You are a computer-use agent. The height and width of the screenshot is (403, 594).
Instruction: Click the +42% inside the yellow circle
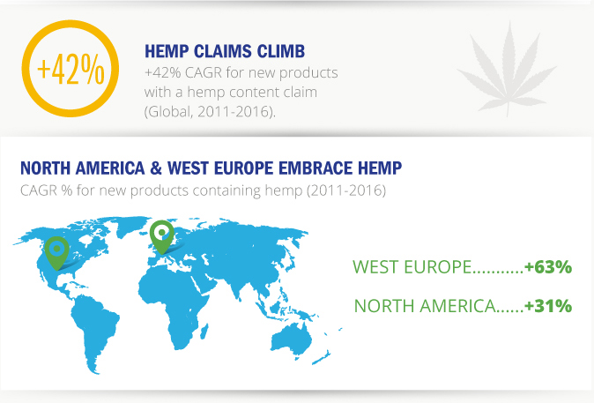71,69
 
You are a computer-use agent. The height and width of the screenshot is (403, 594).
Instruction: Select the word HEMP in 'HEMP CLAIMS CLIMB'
167,51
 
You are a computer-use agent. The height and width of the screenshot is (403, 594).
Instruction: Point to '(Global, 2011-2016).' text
210,112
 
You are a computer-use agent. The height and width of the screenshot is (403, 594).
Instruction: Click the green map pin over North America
56,253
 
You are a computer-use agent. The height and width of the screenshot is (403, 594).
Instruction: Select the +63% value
548,267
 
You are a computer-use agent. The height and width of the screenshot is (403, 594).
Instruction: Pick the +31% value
548,306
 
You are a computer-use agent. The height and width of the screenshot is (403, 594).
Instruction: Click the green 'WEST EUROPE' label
412,267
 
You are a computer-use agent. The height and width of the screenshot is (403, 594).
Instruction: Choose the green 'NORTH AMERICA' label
424,306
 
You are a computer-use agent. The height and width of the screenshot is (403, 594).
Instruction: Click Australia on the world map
291,342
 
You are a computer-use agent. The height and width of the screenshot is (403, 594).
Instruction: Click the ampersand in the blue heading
156,168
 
